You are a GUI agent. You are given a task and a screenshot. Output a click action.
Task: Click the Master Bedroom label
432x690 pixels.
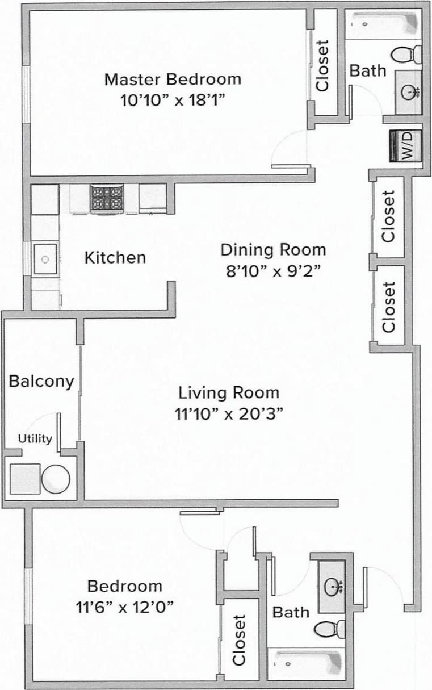[x=173, y=79]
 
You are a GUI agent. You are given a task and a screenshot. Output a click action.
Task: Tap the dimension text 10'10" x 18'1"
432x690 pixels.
[x=173, y=101]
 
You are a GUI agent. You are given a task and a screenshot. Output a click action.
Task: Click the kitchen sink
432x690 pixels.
[x=45, y=258]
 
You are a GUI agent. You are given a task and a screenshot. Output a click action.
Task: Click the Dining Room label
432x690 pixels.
[x=273, y=249]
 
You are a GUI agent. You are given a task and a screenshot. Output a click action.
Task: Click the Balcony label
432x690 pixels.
[x=41, y=381]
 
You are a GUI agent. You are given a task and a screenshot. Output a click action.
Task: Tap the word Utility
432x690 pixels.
[x=35, y=438]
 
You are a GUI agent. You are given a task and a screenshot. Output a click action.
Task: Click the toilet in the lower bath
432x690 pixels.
[x=330, y=629]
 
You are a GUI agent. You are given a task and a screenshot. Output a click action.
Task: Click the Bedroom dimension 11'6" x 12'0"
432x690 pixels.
[x=124, y=607]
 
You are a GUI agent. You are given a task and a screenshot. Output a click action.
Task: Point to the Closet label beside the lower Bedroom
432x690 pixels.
[x=239, y=639]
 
